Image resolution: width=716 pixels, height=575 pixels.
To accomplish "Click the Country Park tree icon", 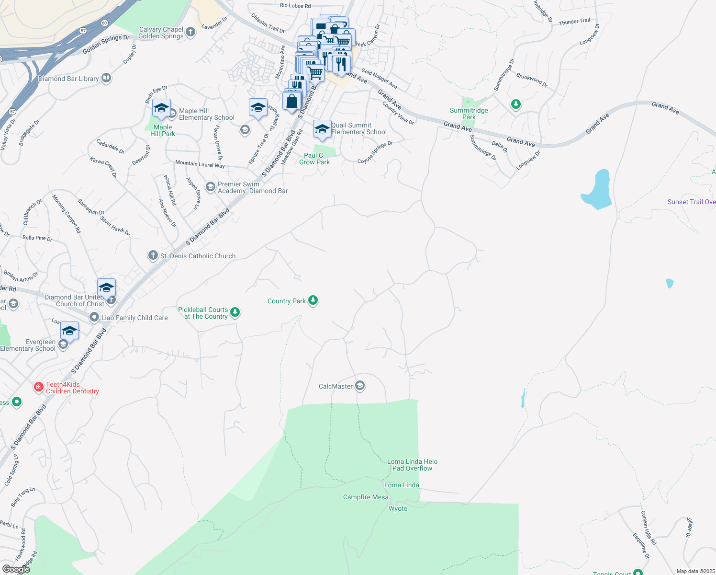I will click(313, 300).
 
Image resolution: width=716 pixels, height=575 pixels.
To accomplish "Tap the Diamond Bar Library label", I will click(68, 79).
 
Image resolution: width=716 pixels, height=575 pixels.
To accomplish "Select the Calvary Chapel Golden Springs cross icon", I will click(190, 32).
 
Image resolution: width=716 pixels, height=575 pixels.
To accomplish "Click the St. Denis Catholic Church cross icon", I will click(153, 255).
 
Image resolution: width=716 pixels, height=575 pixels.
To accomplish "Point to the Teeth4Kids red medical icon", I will click(39, 387).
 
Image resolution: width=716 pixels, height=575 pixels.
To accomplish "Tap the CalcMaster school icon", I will click(360, 386).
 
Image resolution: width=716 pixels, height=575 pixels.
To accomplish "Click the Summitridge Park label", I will click(469, 114).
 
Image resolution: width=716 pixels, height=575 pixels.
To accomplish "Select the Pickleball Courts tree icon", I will click(235, 312).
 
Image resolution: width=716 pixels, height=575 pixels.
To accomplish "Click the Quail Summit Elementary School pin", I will click(322, 129).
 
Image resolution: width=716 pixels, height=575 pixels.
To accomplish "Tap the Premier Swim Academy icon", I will click(210, 186).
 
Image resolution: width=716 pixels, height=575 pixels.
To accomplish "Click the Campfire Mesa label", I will click(366, 497).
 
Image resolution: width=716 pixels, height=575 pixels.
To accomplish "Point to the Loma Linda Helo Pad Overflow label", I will click(412, 465).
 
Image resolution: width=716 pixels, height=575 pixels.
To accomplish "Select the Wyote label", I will click(398, 508).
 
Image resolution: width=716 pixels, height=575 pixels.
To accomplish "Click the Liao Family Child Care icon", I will click(94, 317).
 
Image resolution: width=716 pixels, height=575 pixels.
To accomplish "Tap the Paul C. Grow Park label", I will click(314, 159).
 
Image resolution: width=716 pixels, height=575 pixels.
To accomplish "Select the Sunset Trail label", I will click(691, 202).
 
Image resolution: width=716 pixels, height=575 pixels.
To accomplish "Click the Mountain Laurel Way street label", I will click(200, 164).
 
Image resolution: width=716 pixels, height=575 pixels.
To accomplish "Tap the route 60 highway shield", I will click(104, 23).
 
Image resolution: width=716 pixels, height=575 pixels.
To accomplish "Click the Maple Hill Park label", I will click(163, 130).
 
